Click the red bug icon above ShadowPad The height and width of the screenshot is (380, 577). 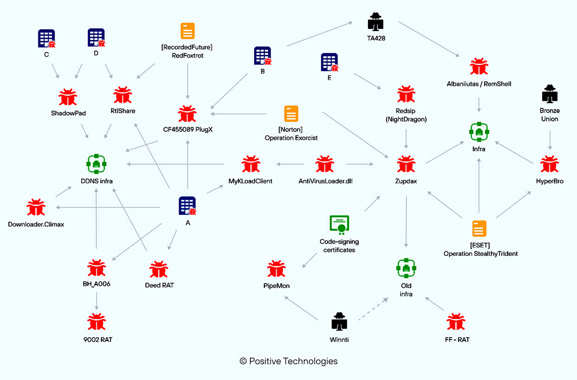[68, 96]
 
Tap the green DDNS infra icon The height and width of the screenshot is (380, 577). [96, 163]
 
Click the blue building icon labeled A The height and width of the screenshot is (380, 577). [187, 206]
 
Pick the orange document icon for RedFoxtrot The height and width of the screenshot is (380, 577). [188, 32]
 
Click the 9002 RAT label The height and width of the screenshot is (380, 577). [96, 339]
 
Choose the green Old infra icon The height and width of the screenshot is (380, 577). [406, 268]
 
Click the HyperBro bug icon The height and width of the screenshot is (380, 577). [549, 165]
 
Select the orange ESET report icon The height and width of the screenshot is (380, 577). [480, 228]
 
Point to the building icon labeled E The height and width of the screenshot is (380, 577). [330, 63]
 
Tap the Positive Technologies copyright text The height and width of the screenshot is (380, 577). [288, 361]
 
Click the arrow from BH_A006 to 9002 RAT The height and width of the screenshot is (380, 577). [96, 301]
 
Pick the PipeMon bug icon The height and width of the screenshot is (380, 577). [276, 269]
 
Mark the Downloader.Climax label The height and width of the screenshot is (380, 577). [37, 224]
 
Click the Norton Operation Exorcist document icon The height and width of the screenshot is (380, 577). [291, 115]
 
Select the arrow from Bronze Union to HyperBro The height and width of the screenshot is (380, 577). [549, 139]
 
